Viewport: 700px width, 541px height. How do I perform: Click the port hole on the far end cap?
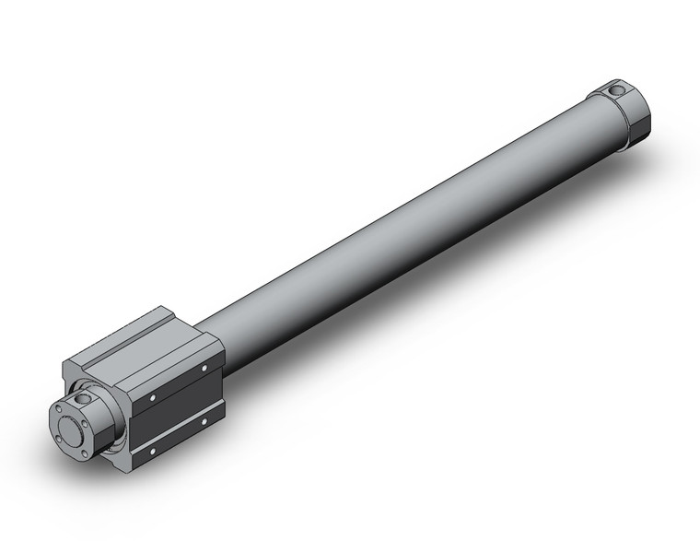click(616, 89)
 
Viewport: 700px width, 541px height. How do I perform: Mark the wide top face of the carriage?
click(166, 359)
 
